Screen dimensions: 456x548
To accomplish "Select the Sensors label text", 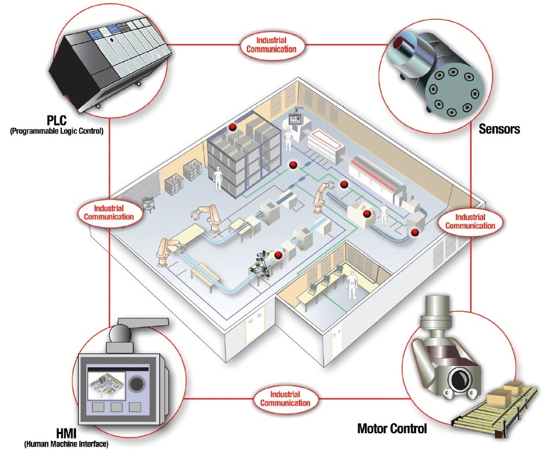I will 500,130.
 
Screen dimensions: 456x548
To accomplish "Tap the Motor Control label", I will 392,429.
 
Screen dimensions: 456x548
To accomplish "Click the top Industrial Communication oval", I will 273,45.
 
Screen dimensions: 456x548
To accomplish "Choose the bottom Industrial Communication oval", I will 285,399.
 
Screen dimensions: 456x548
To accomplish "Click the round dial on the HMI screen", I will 138,384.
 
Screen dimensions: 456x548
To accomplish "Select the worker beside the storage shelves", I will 218,179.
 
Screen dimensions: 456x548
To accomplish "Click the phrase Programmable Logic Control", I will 57,131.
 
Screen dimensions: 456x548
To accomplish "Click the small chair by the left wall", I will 148,206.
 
